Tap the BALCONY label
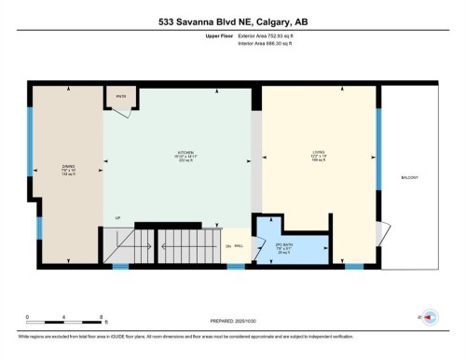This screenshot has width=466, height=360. pyautogui.click(x=410, y=176)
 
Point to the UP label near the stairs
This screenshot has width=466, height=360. pyautogui.click(x=117, y=219)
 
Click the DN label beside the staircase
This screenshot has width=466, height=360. pyautogui.click(x=227, y=245)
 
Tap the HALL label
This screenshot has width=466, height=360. pyautogui.click(x=239, y=245)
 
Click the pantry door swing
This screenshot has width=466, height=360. pyautogui.click(x=119, y=113)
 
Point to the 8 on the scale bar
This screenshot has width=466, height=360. pyautogui.click(x=101, y=318)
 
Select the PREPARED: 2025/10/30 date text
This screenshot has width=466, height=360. pyautogui.click(x=231, y=323)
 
